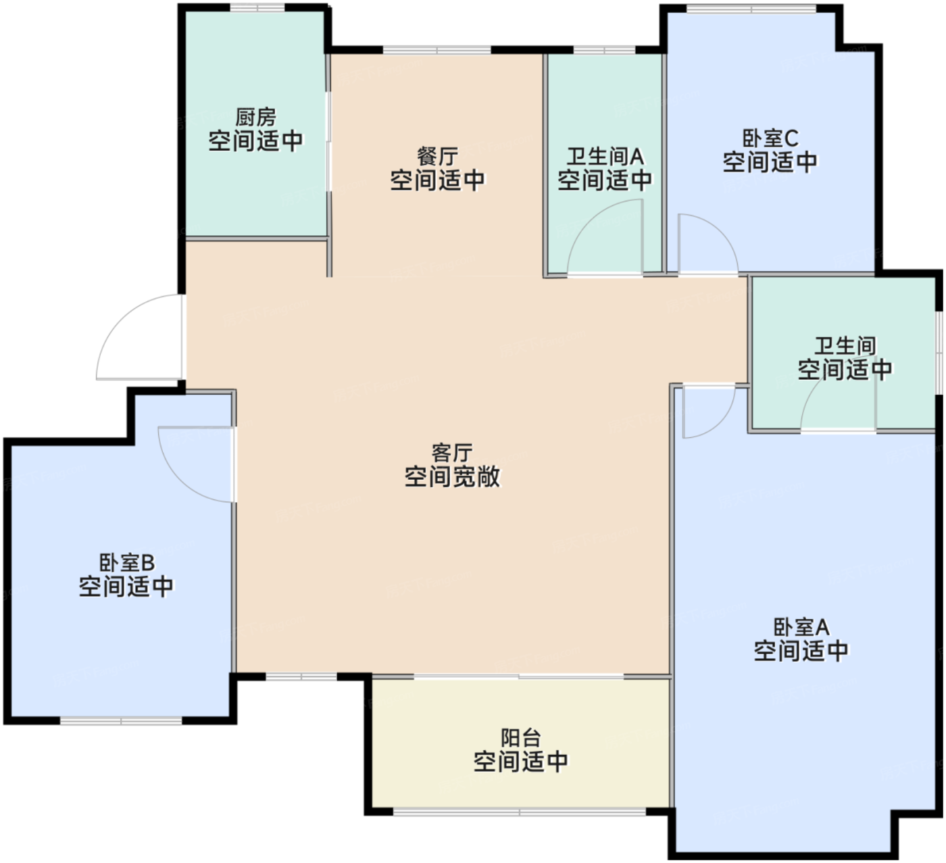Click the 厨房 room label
click(x=256, y=117)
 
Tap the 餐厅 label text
click(x=437, y=157)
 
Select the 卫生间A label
click(x=605, y=157)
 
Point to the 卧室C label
click(x=770, y=139)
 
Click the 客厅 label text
click(x=451, y=452)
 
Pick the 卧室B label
click(x=127, y=562)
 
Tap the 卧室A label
click(x=801, y=627)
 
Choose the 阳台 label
click(x=520, y=737)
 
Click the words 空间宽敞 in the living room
click(x=452, y=477)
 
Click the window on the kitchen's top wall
click(x=257, y=7)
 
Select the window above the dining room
click(x=437, y=50)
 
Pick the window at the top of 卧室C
click(x=751, y=9)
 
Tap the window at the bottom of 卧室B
click(x=122, y=721)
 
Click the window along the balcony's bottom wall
click(x=520, y=811)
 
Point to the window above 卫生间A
click(x=604, y=50)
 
